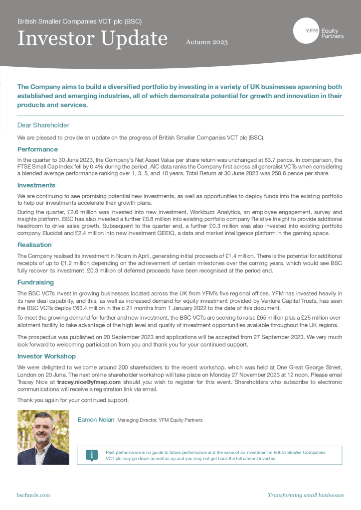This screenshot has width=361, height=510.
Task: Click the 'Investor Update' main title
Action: coord(92,38)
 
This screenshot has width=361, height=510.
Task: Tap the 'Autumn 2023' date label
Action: coord(206,42)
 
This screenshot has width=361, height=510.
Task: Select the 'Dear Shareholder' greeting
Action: coord(43,125)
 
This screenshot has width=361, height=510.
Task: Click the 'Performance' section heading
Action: coord(37,149)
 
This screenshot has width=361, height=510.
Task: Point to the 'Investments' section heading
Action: coord(36,185)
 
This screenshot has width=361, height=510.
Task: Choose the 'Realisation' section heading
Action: coord(34,245)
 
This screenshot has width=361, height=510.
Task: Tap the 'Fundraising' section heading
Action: coord(36,282)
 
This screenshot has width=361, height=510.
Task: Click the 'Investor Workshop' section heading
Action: coord(46,357)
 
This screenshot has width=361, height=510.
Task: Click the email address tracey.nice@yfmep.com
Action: coord(89,382)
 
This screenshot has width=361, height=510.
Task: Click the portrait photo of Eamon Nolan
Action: coord(43,437)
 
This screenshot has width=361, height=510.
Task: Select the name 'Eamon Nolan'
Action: coord(96,420)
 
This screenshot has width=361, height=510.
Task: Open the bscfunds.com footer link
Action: coord(33,495)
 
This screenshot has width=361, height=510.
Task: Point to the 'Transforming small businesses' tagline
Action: coord(306,495)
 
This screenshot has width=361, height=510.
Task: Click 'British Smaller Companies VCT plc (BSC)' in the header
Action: coord(80,22)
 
